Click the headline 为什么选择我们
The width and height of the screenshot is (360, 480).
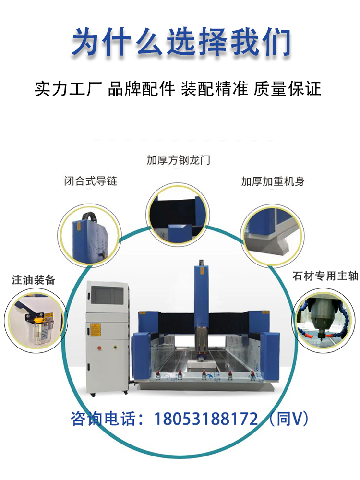pos(180,42)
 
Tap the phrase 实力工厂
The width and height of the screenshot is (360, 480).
pos(68,89)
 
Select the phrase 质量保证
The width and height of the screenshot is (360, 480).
pos(288,89)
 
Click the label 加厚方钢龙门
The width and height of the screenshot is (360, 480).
pos(178,160)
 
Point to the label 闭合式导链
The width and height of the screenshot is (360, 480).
pos(91,181)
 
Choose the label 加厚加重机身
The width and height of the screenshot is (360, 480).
pos(273,181)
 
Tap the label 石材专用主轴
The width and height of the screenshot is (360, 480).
pos(325,276)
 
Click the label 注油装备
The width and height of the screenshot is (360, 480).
pos(34,280)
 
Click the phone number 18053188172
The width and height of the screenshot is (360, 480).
pos(206,419)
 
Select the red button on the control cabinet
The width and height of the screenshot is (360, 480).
pos(99,348)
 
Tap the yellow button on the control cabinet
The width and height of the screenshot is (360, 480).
pos(115,347)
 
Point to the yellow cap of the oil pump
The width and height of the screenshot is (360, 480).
pos(38,320)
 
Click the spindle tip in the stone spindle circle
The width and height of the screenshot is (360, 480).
pos(322,339)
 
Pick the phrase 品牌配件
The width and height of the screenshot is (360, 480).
pos(142,89)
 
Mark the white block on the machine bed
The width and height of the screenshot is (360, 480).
pos(200,365)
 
